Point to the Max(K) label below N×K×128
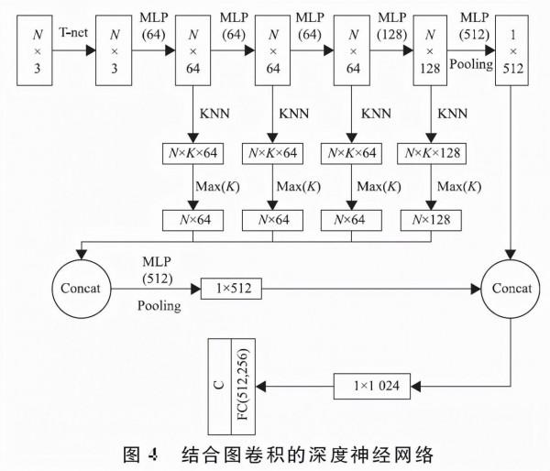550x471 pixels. coord(457,186)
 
